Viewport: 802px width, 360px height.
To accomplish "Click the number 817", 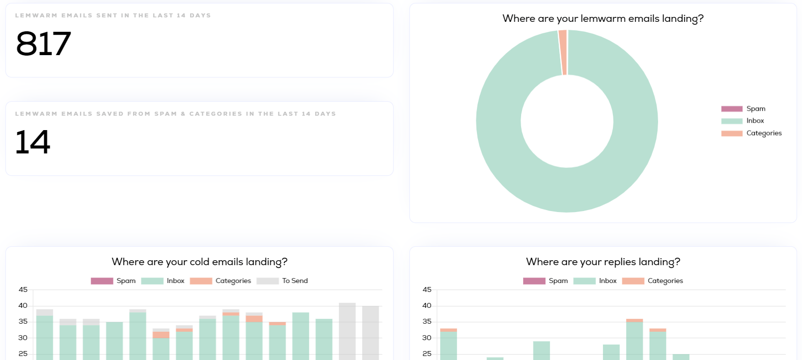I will pyautogui.click(x=44, y=44).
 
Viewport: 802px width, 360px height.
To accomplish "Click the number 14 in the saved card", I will pyautogui.click(x=33, y=142).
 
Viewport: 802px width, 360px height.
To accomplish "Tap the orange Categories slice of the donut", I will pyautogui.click(x=562, y=52).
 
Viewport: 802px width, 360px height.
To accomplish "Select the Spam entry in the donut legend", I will pyautogui.click(x=755, y=109).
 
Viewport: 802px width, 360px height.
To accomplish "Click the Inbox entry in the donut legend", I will pyautogui.click(x=755, y=121).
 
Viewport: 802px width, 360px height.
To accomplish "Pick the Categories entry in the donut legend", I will pyautogui.click(x=763, y=133).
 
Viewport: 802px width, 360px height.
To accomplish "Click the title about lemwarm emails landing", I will pyautogui.click(x=602, y=19).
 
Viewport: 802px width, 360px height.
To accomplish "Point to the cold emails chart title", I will pyautogui.click(x=199, y=262).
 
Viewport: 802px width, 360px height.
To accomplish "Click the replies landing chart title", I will pyautogui.click(x=602, y=262).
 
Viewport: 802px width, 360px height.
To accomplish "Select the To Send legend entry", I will pyautogui.click(x=294, y=281).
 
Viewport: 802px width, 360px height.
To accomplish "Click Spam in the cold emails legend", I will pyautogui.click(x=126, y=281).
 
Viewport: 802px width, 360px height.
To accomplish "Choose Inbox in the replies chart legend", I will pyautogui.click(x=607, y=281).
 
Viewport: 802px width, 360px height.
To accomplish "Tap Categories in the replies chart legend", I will pyautogui.click(x=665, y=281).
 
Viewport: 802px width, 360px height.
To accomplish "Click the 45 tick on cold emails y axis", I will pyautogui.click(x=23, y=289).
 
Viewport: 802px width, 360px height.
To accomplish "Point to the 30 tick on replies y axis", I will pyautogui.click(x=427, y=338).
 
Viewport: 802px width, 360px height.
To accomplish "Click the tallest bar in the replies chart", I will pyautogui.click(x=634, y=340).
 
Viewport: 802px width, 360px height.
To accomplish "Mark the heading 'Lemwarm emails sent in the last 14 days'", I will pyautogui.click(x=113, y=15).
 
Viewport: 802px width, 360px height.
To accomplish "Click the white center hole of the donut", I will pyautogui.click(x=567, y=121).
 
